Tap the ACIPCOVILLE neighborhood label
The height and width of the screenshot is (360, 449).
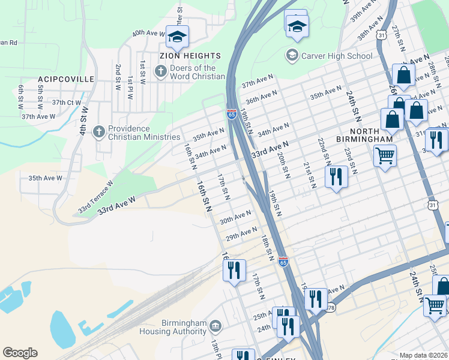pos(66,79)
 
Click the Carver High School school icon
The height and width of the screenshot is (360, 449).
pos(292,56)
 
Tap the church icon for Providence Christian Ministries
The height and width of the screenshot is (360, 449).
pos(100,131)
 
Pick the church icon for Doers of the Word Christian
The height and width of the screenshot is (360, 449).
pos(160,71)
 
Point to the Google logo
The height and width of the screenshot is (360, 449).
pos(20,353)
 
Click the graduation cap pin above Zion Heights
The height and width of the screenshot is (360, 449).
pos(178,37)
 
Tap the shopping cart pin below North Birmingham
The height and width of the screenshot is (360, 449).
pos(385,156)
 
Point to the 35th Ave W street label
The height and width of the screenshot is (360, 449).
pos(45,178)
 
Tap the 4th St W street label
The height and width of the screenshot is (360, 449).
pos(85,121)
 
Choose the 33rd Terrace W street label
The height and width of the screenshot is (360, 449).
pos(95,197)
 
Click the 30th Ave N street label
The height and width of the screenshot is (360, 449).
pos(235,217)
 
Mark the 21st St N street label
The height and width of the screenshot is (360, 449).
pos(309,175)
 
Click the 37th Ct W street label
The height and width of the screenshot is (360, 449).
pos(66,103)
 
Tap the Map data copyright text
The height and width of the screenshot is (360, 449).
pos(423,355)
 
